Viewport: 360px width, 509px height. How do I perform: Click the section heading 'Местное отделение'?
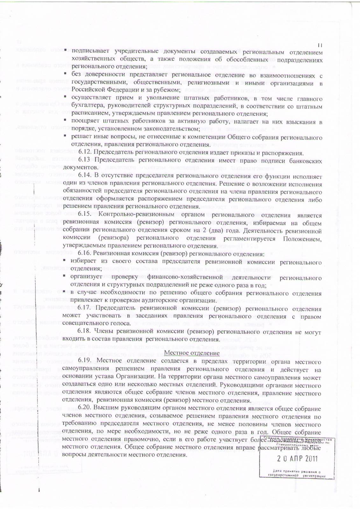[192, 353]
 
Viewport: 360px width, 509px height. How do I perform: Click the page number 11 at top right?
[320, 45]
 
